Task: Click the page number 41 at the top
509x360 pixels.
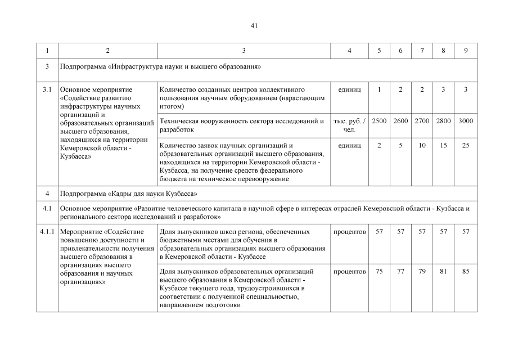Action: click(x=254, y=26)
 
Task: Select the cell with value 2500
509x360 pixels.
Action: click(x=379, y=121)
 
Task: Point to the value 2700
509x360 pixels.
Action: click(x=422, y=121)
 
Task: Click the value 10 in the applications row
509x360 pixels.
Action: click(x=422, y=146)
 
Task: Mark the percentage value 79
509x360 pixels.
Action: click(x=422, y=272)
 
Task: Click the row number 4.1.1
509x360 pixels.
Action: click(x=47, y=232)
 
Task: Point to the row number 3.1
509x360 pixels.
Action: click(x=47, y=89)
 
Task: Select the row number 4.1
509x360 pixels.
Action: click(x=47, y=209)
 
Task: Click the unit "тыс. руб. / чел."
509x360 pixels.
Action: click(x=349, y=125)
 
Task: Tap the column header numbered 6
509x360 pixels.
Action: click(x=400, y=51)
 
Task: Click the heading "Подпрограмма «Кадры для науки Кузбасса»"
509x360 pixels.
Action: click(x=128, y=194)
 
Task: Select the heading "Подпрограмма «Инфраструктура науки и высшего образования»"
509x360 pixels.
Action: click(x=160, y=66)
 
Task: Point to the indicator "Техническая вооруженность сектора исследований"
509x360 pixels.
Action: click(x=242, y=125)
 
